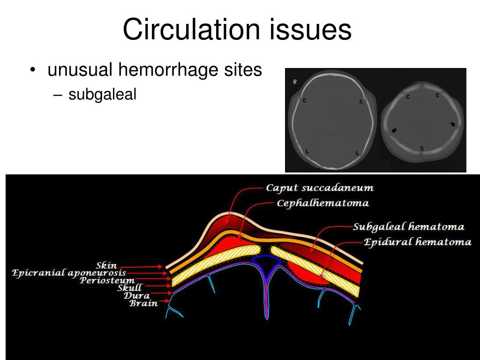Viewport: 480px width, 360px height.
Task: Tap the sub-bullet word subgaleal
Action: pos(102,95)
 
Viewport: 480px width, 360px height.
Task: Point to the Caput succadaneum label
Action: pos(320,188)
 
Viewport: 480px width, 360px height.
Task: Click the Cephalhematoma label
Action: pos(322,203)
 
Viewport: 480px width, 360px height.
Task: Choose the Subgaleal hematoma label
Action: pos(408,227)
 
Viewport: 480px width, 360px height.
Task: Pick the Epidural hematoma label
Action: pos(417,242)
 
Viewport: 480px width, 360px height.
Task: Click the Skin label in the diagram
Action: pos(106,266)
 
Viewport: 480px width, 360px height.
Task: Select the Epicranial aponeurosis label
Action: pos(69,273)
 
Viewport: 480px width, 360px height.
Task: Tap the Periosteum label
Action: pos(107,280)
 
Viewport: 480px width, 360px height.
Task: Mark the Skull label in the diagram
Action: pos(129,288)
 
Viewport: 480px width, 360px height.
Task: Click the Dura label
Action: pos(136,295)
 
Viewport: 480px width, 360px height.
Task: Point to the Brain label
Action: pos(143,303)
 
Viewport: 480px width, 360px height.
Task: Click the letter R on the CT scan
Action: pos(295,82)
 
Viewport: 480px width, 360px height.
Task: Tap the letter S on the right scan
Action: pos(422,149)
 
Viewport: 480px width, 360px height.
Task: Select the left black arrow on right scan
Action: pos(394,130)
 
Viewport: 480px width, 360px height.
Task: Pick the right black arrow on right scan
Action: pos(452,124)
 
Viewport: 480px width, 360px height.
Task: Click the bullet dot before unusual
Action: pos(32,71)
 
